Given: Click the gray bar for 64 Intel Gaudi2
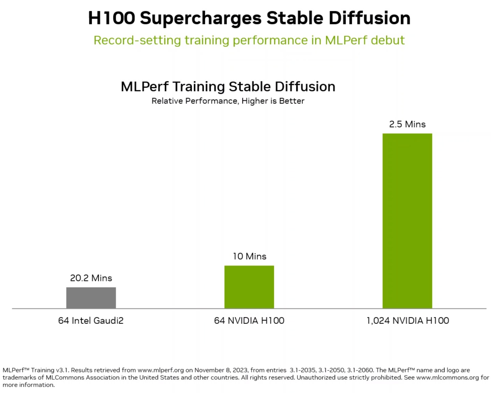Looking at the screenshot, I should coord(91,298).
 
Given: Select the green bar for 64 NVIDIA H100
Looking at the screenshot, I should coord(249,287).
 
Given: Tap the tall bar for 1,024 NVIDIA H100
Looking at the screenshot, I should coord(407,221).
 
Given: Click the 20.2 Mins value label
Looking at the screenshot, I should coord(91,278).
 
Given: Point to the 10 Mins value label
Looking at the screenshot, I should coord(249,256).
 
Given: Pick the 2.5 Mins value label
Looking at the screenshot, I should coord(407,124).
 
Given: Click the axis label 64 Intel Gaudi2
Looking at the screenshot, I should coord(91,320).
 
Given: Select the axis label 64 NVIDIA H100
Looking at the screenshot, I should coord(249,320).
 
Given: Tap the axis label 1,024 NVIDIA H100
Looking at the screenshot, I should coord(407,320).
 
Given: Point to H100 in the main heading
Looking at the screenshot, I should coord(111,18).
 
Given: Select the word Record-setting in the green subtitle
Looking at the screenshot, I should coord(137,40).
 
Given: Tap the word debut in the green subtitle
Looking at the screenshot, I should coord(387,40).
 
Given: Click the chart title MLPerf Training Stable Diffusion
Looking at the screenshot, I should coord(228,87).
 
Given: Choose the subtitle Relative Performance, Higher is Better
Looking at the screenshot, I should coord(228,101).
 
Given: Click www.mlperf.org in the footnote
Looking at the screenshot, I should coord(160,370).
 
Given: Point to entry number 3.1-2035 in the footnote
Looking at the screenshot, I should coord(302,370).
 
